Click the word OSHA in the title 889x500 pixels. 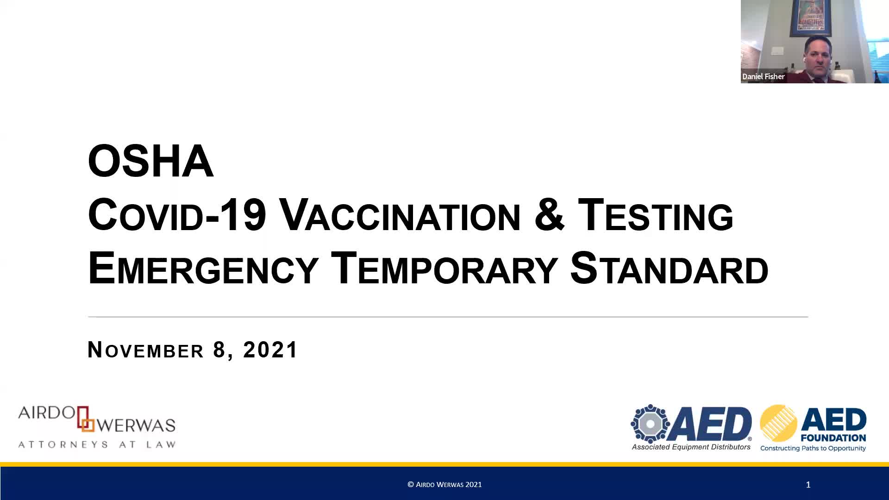click(150, 161)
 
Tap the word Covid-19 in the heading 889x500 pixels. click(177, 215)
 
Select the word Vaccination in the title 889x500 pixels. click(401, 215)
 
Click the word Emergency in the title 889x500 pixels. click(203, 268)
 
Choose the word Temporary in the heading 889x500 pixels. click(444, 268)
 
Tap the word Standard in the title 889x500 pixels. click(669, 268)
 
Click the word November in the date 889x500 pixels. click(145, 350)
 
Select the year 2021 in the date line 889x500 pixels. click(270, 350)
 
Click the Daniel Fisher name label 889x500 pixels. click(763, 76)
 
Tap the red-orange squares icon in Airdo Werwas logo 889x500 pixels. click(85, 419)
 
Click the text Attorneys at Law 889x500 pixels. click(97, 444)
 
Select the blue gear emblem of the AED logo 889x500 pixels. click(650, 424)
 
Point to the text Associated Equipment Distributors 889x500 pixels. click(691, 447)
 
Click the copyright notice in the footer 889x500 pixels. click(444, 485)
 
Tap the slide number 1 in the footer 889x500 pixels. click(808, 485)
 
